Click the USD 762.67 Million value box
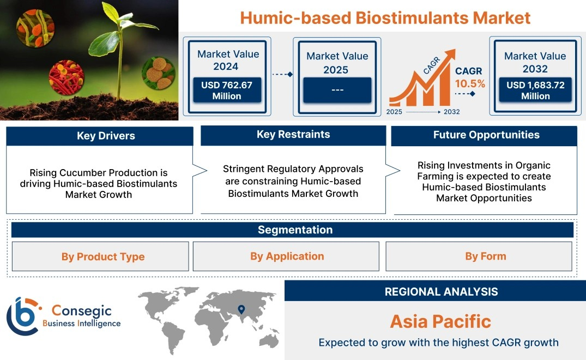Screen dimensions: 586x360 tap(227, 90)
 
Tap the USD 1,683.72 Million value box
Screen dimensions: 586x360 tap(535, 90)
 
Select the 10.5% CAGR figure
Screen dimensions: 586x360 tap(470, 83)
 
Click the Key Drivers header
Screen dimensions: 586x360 tap(99, 136)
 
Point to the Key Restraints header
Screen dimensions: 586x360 tap(293, 135)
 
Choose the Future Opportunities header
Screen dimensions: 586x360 tap(484, 135)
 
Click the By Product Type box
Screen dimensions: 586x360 tap(100, 256)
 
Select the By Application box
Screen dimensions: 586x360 tap(286, 256)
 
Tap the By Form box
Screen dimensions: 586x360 tap(479, 256)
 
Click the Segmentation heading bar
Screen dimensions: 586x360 tap(292, 230)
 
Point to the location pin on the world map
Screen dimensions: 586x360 tap(241, 309)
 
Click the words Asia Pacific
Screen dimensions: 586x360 tap(440, 321)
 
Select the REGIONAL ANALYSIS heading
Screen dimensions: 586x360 tap(442, 292)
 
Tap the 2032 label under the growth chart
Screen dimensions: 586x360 tap(451, 112)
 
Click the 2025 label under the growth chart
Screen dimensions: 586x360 tap(394, 112)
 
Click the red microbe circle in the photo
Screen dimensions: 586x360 tap(67, 77)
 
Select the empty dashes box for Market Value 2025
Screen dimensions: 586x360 tap(337, 90)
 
